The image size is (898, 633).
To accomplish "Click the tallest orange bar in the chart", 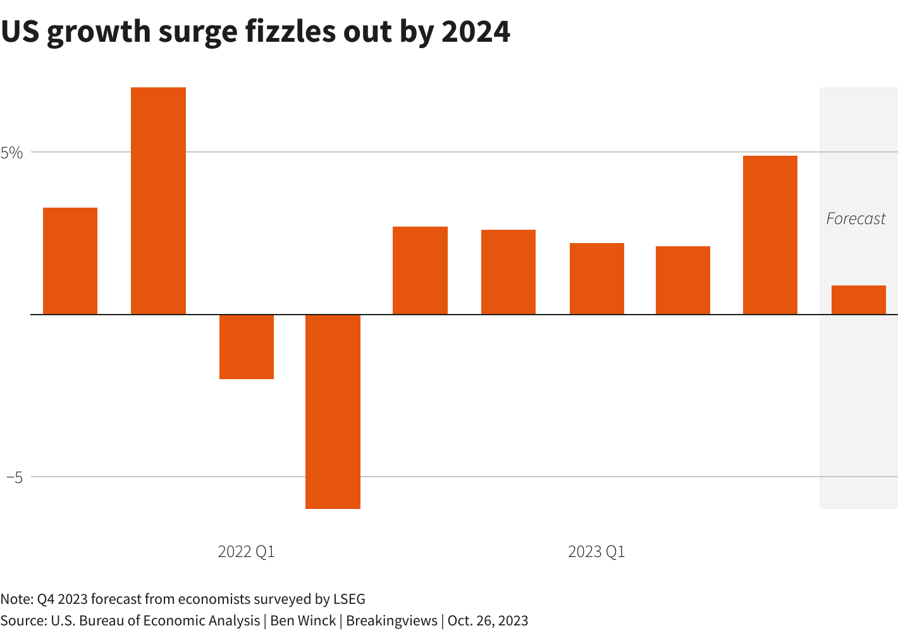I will [x=158, y=200].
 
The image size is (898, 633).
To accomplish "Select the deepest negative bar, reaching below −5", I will [x=333, y=411].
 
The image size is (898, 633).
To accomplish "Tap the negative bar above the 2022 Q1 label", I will [x=247, y=346].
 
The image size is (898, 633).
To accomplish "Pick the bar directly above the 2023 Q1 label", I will [x=596, y=279].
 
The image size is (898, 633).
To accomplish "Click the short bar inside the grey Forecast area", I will [x=858, y=300].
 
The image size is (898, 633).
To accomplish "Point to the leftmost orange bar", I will [x=70, y=261].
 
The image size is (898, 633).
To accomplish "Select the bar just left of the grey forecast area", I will [x=770, y=235].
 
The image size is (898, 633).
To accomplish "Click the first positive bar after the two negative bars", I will [x=420, y=270].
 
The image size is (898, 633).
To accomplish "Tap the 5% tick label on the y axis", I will [x=12, y=153].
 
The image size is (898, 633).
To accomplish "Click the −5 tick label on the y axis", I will [x=15, y=477].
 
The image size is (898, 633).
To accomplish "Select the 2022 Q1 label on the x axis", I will [x=246, y=552].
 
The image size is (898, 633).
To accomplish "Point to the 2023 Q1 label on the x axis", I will [x=596, y=552].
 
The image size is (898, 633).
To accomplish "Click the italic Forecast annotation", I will [x=856, y=219].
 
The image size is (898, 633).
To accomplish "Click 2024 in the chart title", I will [x=476, y=32].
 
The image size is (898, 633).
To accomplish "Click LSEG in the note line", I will [x=349, y=599].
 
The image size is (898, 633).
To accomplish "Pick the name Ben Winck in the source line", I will [x=303, y=620].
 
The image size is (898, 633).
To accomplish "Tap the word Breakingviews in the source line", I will [x=391, y=620].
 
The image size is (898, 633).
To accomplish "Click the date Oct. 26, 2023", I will [x=488, y=620].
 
